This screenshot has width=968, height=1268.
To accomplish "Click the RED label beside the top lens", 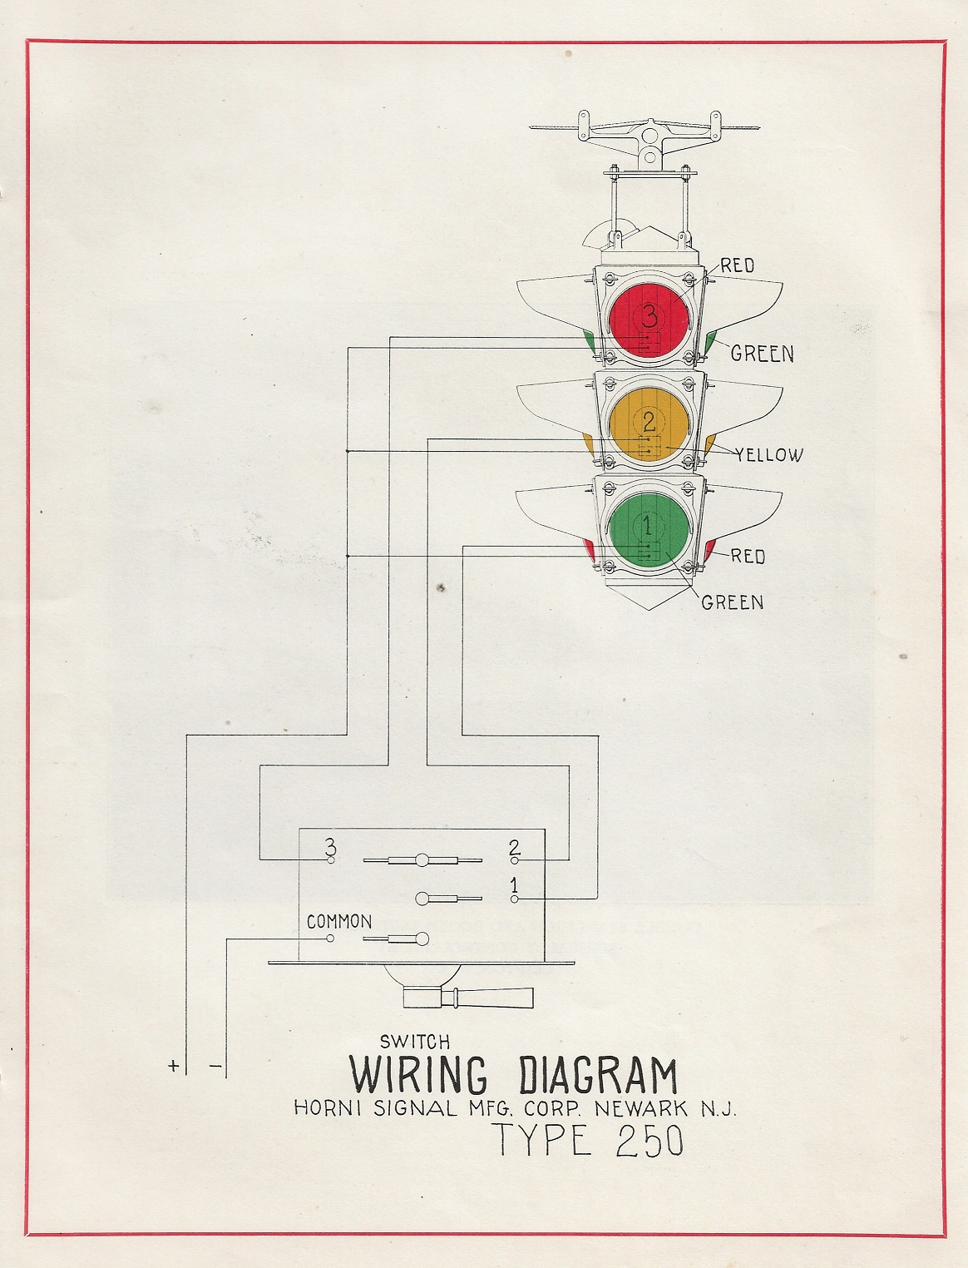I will (738, 266).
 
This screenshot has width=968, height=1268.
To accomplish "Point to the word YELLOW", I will (768, 455).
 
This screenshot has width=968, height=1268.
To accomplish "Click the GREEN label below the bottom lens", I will (732, 602).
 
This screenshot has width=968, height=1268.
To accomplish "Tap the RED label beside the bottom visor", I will (748, 557).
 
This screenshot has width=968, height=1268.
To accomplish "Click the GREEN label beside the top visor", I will (762, 354).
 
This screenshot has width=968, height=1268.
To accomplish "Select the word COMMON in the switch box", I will (339, 922).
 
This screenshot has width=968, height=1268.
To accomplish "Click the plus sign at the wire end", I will (174, 1066).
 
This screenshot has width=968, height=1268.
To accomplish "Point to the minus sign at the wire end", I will (215, 1066).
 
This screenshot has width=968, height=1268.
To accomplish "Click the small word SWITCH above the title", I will (415, 1041).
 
